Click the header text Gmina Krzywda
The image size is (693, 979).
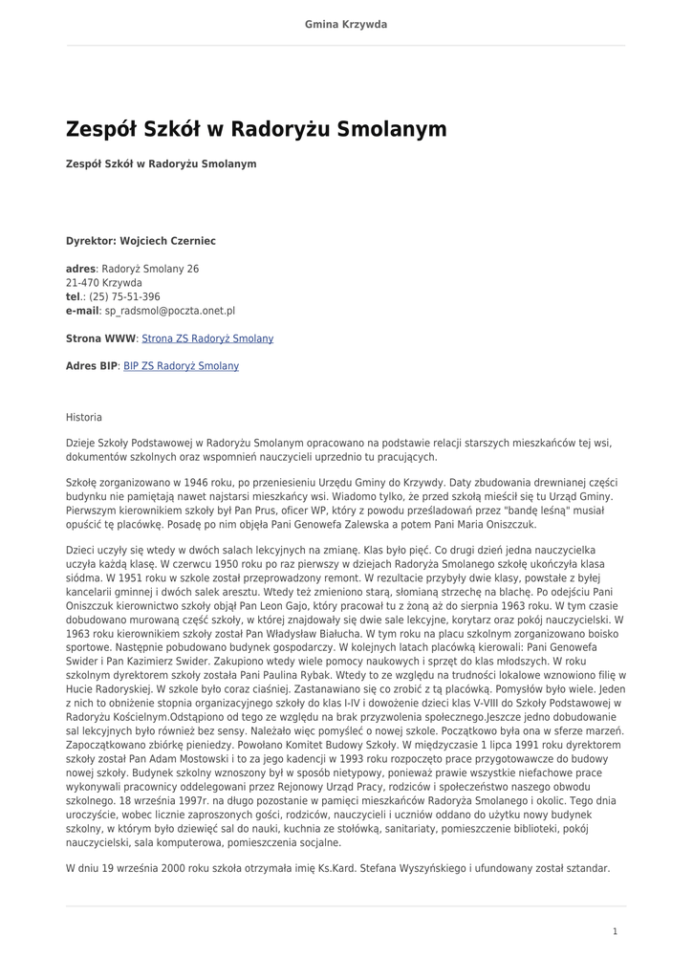click(346, 24)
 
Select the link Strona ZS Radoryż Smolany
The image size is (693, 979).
click(207, 338)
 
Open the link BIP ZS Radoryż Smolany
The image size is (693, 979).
click(181, 366)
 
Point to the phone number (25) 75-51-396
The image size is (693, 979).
click(124, 297)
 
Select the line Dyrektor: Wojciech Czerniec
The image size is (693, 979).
click(141, 241)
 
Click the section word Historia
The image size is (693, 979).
click(84, 418)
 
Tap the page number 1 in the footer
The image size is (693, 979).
click(615, 931)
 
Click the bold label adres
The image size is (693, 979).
click(80, 270)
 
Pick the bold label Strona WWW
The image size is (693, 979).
click(100, 338)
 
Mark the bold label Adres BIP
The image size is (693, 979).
click(91, 366)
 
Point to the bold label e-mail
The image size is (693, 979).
click(82, 311)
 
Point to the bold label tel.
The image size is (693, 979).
click(74, 297)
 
